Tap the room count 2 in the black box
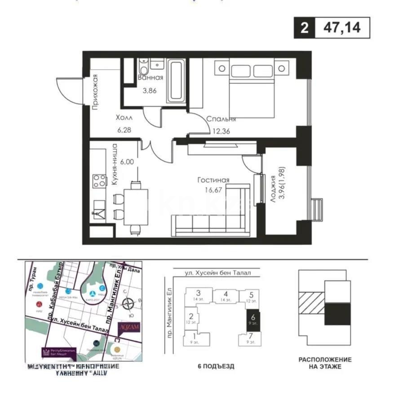point(305,28)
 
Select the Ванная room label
point(150,77)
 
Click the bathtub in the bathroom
point(176,82)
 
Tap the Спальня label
point(221,119)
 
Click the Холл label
point(124,118)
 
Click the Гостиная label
point(213,180)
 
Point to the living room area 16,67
point(213,190)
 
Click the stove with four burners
point(100,181)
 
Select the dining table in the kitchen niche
point(135,207)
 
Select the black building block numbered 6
point(253,320)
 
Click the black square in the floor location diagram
point(337,314)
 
